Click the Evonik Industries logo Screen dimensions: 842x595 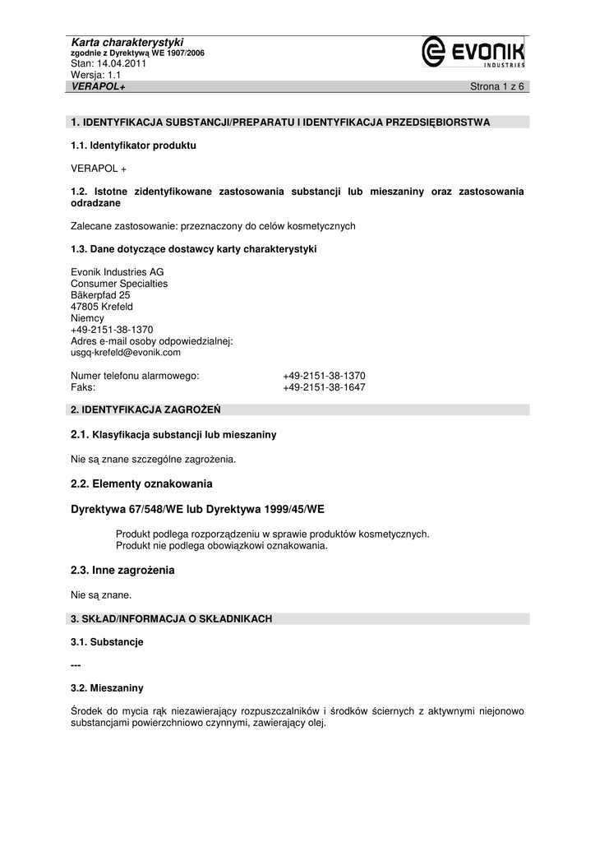pyautogui.click(x=473, y=53)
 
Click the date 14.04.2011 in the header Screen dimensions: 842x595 pyautogui.click(x=122, y=63)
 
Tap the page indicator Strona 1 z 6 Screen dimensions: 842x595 pyautogui.click(x=496, y=86)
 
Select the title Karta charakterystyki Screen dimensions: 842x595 pyautogui.click(x=127, y=42)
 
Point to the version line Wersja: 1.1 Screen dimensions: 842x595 pyautogui.click(x=96, y=74)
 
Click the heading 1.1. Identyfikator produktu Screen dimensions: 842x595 pyautogui.click(x=134, y=146)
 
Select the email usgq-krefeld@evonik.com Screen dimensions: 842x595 pyautogui.click(x=126, y=352)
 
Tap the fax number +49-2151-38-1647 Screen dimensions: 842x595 pyautogui.click(x=324, y=387)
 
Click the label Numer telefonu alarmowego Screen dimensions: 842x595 pyautogui.click(x=136, y=376)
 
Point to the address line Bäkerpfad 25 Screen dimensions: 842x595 pyautogui.click(x=100, y=295)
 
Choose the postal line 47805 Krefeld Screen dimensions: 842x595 pyautogui.click(x=102, y=307)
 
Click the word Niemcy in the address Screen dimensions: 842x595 pyautogui.click(x=88, y=318)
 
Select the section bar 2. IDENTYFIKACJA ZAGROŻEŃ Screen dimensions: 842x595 pyautogui.click(x=145, y=409)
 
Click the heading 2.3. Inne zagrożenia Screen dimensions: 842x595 pyautogui.click(x=122, y=570)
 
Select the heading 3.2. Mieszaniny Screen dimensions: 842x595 pyautogui.click(x=107, y=687)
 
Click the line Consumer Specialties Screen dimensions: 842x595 pyautogui.click(x=119, y=284)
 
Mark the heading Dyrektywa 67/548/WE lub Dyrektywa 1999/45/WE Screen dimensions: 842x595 pyautogui.click(x=197, y=509)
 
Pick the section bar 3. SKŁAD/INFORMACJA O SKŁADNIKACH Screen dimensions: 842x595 pyautogui.click(x=172, y=618)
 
